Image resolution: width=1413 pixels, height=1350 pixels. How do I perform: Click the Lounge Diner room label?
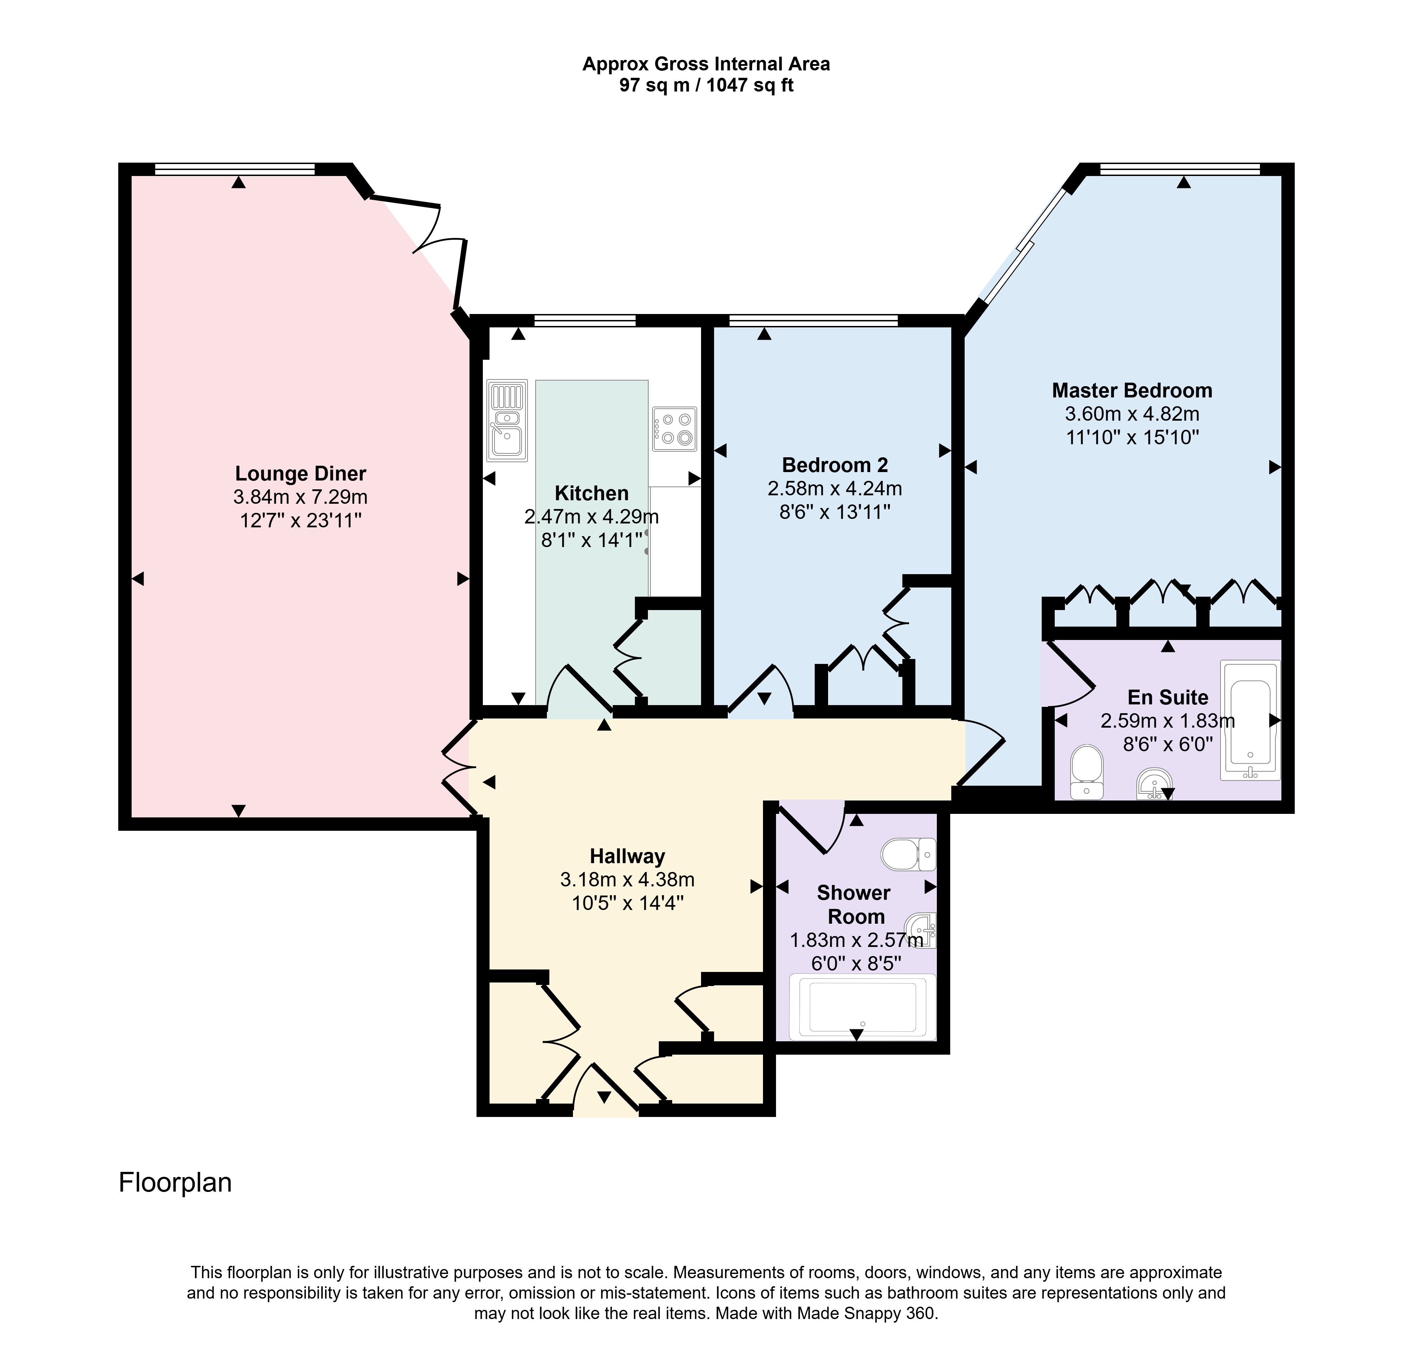(x=301, y=473)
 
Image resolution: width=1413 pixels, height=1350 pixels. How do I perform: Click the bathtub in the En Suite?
(x=1250, y=720)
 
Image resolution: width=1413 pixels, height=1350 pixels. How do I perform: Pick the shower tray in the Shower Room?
(x=863, y=1007)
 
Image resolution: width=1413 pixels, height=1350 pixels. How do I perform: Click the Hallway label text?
(x=627, y=856)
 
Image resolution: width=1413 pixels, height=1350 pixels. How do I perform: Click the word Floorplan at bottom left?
(x=175, y=1182)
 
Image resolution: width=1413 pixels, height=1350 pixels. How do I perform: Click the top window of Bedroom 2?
(x=813, y=320)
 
